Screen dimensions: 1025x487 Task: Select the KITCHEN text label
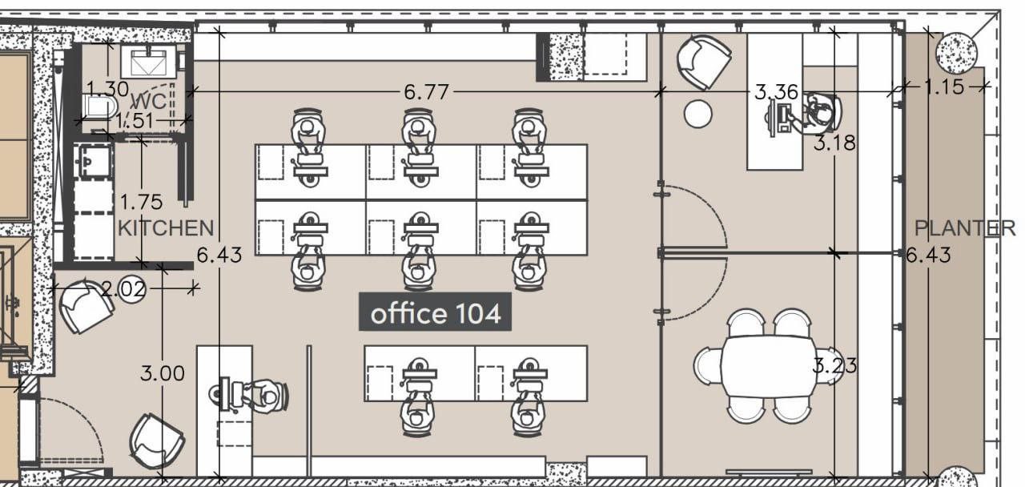(166, 228)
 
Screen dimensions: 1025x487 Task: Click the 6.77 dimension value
(427, 92)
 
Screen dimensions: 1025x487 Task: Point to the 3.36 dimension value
(776, 92)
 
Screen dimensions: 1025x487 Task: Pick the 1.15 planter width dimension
(944, 87)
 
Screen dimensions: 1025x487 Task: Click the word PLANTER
(965, 228)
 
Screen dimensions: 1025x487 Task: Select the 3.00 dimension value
(163, 373)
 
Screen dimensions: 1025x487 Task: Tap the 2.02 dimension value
(123, 289)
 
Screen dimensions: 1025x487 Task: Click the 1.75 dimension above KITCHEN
(141, 203)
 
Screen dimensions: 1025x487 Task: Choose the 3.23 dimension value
(834, 366)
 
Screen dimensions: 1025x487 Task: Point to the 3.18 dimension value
(834, 143)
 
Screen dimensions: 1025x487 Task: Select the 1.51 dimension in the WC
(135, 121)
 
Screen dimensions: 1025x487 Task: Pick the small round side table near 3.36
(697, 114)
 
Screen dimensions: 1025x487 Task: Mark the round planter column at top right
(956, 53)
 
